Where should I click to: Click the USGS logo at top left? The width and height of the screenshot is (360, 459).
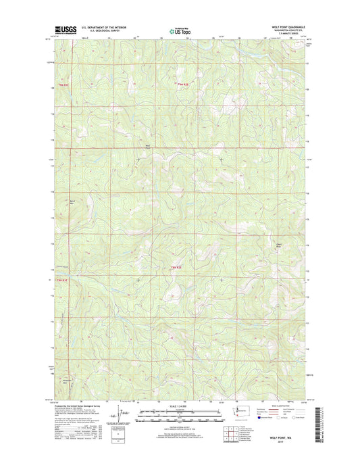pyautogui.click(x=62, y=30)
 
